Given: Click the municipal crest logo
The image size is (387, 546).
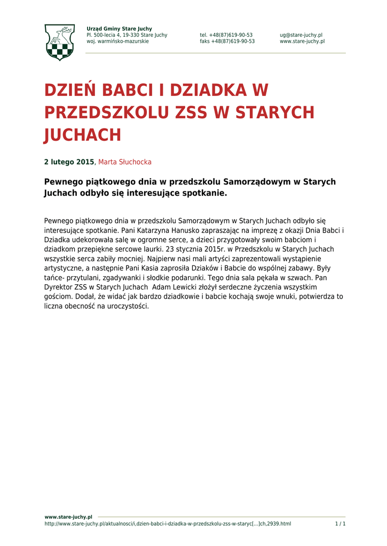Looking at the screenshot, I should pyautogui.click(x=59, y=42).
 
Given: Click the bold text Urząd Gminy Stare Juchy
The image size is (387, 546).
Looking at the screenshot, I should pyautogui.click(x=119, y=29).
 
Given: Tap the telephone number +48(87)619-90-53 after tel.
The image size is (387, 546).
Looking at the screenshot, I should pyautogui.click(x=231, y=35).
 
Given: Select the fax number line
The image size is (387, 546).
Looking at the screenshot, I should pyautogui.click(x=227, y=42).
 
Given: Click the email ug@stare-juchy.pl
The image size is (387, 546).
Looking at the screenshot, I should pyautogui.click(x=301, y=35).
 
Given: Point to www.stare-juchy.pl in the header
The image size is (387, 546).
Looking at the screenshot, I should pyautogui.click(x=302, y=42).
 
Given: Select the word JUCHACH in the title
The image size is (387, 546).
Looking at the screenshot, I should pyautogui.click(x=82, y=135).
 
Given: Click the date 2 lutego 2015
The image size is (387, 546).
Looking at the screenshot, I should pyautogui.click(x=69, y=162).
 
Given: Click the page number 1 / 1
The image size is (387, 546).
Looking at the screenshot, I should pyautogui.click(x=340, y=524).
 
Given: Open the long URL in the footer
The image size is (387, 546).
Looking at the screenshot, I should pyautogui.click(x=168, y=524).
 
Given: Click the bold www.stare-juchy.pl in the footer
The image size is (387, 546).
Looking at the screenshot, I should pyautogui.click(x=68, y=517).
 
